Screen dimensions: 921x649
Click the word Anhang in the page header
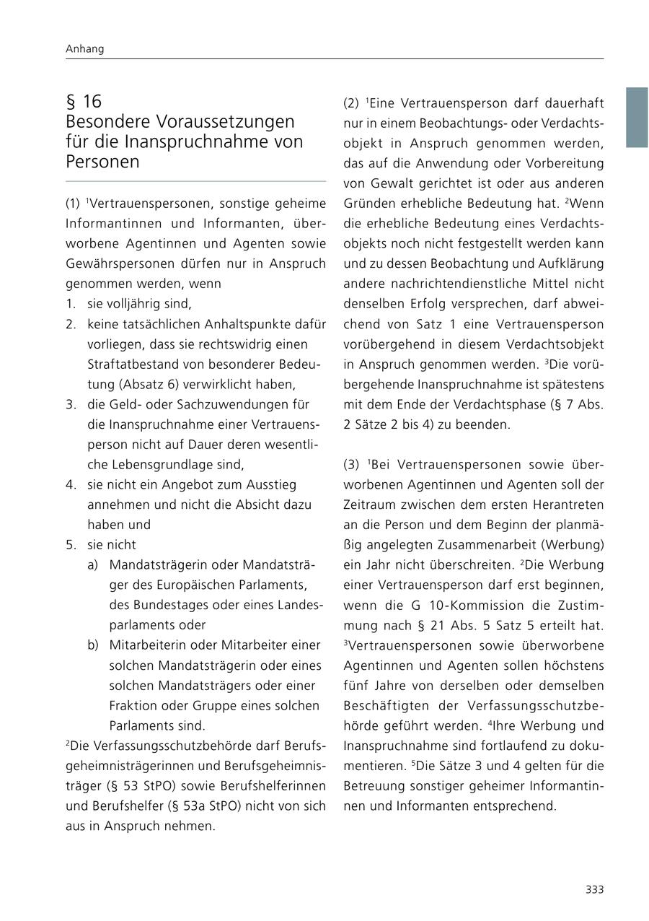pos(84,49)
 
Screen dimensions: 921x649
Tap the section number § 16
pos(84,101)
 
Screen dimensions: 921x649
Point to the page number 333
pos(594,890)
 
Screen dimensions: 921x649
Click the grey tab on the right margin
pos(637,118)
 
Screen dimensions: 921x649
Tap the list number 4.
pos(70,484)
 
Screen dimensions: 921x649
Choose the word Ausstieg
pos(272,484)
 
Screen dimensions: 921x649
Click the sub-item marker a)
pos(92,564)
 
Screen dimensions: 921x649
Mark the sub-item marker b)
pos(92,645)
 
